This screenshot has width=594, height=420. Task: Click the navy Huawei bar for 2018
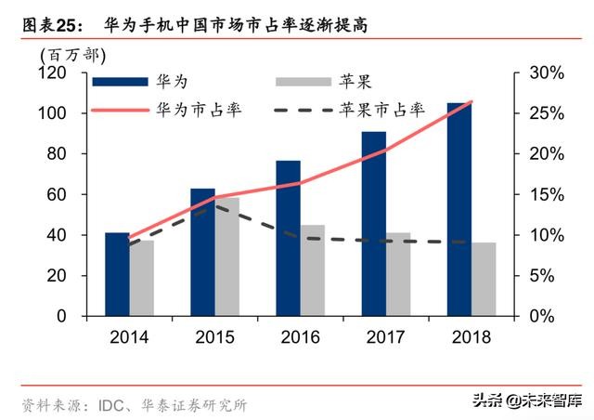(458, 209)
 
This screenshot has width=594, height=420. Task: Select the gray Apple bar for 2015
(226, 256)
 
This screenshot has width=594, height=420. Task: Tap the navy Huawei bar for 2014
(117, 274)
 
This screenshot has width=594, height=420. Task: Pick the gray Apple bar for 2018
(484, 279)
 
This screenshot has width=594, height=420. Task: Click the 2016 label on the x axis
(300, 337)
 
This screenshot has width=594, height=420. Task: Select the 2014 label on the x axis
(129, 337)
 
